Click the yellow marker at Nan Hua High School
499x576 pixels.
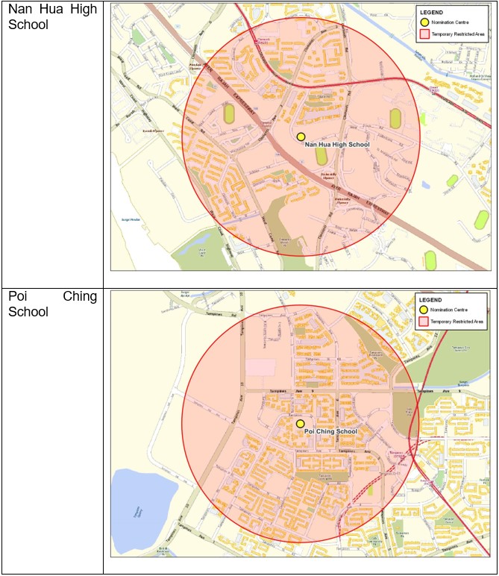(x=301, y=137)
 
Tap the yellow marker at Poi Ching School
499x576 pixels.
(x=300, y=423)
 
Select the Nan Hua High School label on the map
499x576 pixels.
(x=338, y=145)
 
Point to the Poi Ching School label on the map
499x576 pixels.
(x=331, y=431)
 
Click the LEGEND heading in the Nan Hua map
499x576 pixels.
(x=431, y=13)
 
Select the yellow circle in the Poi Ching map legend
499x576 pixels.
(x=424, y=309)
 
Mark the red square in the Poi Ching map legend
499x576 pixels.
(x=424, y=321)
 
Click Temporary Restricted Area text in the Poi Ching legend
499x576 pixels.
(x=458, y=321)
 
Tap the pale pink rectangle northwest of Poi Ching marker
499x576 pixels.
(x=261, y=368)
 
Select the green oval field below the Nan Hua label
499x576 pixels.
(x=321, y=156)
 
